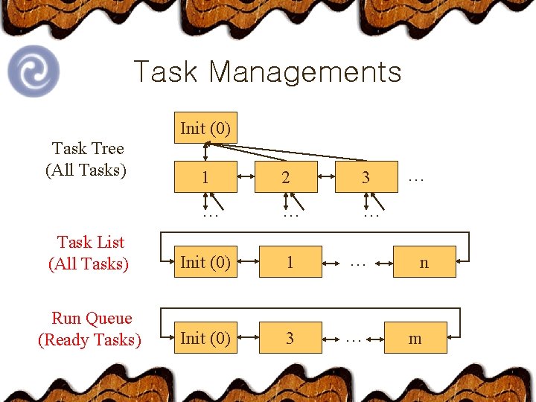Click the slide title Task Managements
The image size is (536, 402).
point(267,72)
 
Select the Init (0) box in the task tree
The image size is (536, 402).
point(205,129)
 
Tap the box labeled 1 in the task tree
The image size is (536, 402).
point(205,177)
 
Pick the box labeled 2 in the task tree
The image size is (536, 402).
point(286,177)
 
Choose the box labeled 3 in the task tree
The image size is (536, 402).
point(366,177)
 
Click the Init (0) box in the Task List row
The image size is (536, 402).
point(205,262)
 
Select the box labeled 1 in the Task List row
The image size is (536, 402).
point(290,262)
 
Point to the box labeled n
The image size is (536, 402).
point(424,262)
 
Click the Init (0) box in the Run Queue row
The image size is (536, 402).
point(205,338)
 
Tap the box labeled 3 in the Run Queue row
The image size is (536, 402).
point(290,338)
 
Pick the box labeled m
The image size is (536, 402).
point(415,338)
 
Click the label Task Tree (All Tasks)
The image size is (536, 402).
point(87,159)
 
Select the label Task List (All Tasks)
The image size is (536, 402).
point(89,253)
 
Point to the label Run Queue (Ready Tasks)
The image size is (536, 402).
point(90,329)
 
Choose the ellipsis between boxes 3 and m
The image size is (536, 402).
point(354,339)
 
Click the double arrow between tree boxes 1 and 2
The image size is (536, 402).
point(246,177)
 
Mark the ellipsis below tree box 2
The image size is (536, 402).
point(290,214)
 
